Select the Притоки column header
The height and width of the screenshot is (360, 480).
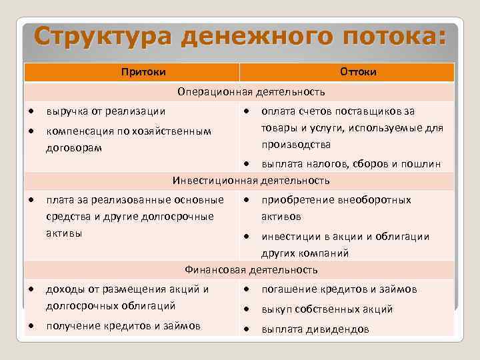[x=143, y=71]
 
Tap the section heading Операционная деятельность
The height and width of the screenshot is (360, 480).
[x=251, y=91]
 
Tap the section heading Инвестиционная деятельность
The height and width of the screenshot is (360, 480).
[x=251, y=180]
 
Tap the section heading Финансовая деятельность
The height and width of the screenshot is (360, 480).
[x=251, y=270]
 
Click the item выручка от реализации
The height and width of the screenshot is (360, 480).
[x=105, y=111]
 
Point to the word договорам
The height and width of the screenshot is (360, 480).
[x=73, y=147]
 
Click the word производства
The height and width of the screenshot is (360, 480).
[x=296, y=144]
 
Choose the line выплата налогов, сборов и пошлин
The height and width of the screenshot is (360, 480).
[x=351, y=165]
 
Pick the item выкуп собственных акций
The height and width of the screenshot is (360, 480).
[x=327, y=309]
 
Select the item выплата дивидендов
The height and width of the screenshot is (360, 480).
[x=315, y=329]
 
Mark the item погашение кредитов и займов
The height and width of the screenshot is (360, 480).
[x=339, y=289]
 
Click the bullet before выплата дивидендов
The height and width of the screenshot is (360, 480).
[x=247, y=329]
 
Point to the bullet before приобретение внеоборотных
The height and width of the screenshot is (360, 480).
[x=247, y=200]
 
